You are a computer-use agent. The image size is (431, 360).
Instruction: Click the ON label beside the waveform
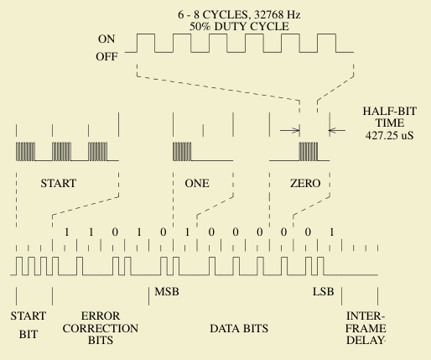106,39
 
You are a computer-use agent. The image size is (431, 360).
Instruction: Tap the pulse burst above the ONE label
184,150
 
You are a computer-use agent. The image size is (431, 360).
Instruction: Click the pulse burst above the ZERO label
309,150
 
